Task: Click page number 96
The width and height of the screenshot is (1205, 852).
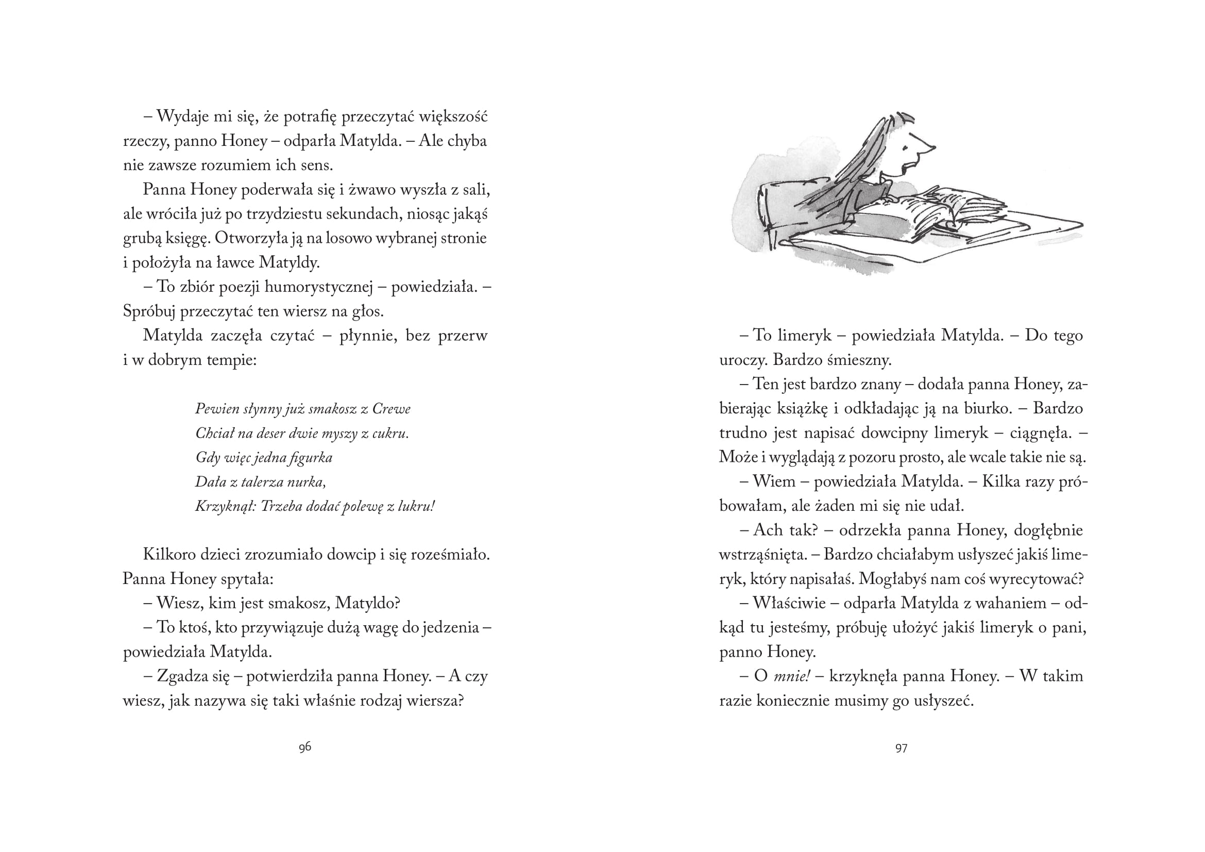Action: (x=305, y=747)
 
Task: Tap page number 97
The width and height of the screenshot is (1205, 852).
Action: (x=901, y=748)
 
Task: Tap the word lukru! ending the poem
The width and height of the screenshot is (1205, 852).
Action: (x=417, y=507)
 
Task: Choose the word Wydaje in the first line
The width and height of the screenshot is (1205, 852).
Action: (x=181, y=116)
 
